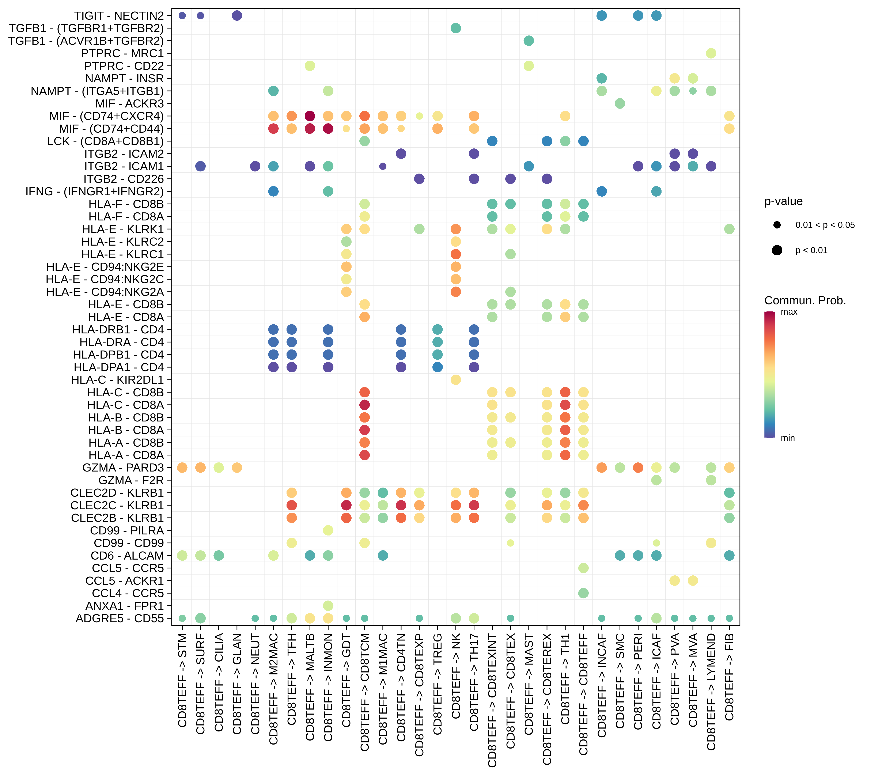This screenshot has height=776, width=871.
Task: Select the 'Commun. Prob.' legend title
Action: tap(805, 301)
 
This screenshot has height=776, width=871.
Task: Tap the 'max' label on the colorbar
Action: tap(789, 312)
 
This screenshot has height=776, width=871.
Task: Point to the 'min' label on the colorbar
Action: tap(787, 438)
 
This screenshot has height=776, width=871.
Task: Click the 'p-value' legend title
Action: tap(783, 201)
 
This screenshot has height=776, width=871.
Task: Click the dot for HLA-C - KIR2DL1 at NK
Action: tap(456, 380)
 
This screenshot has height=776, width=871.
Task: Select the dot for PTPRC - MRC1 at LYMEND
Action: tap(711, 53)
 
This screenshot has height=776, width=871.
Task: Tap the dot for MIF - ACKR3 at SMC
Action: tap(620, 104)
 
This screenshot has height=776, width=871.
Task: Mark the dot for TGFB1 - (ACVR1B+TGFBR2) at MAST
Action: tap(529, 41)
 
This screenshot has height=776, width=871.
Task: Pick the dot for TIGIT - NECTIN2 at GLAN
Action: tap(237, 16)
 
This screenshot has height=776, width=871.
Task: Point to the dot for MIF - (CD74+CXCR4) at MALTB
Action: tap(310, 116)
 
